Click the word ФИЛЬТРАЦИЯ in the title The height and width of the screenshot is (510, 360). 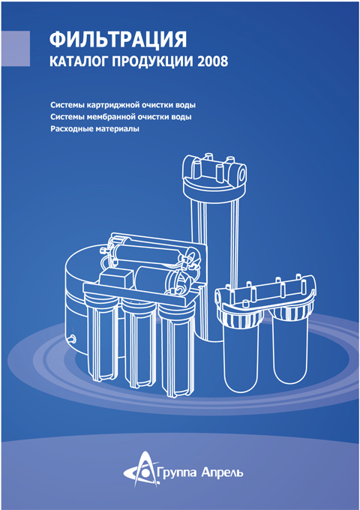click(118, 40)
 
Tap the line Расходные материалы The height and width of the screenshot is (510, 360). click(94, 129)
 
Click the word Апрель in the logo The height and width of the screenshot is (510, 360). click(222, 472)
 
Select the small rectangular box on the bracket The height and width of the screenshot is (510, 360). click(115, 279)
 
